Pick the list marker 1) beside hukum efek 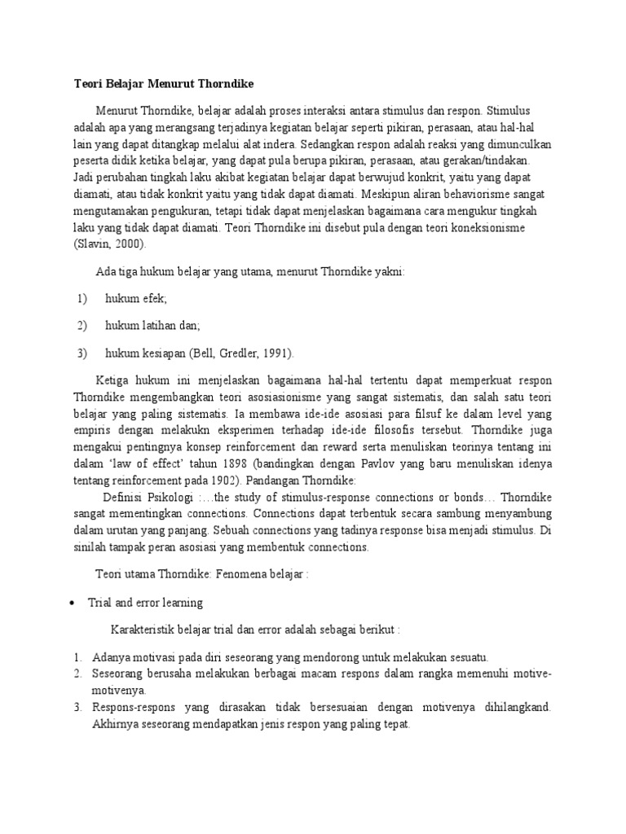pos(82,299)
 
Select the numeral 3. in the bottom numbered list pos(77,708)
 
